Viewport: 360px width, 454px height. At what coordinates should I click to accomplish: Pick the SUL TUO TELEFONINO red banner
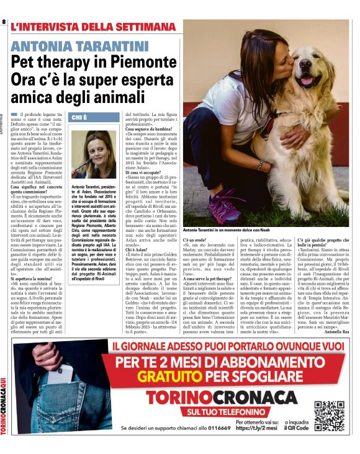coord(212,411)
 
